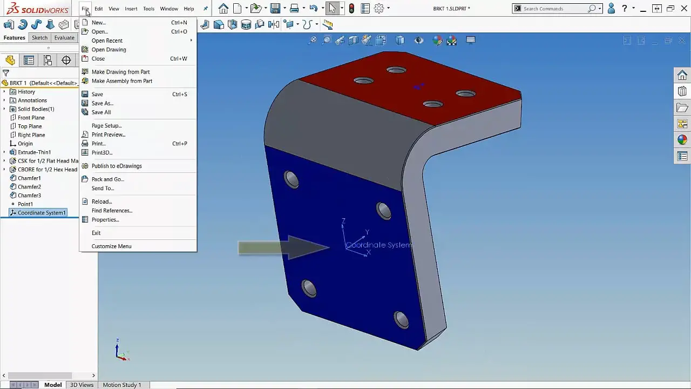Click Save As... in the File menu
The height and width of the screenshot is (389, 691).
(x=102, y=103)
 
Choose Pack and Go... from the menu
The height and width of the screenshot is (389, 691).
(x=107, y=179)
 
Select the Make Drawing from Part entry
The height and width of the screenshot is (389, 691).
(x=120, y=72)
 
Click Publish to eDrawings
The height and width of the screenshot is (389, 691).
(x=117, y=166)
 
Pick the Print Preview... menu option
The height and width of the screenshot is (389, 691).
(x=108, y=135)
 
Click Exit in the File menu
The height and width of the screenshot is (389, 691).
(x=96, y=233)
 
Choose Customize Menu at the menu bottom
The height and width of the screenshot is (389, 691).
(x=111, y=246)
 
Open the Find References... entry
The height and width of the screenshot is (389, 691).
(x=112, y=211)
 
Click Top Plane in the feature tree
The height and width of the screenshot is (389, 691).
(x=30, y=126)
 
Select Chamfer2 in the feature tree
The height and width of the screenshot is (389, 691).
(x=29, y=187)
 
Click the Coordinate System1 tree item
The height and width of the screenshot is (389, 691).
(x=42, y=213)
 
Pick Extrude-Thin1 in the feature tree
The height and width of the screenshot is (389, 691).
(x=34, y=152)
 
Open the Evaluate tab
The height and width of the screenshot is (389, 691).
(x=64, y=38)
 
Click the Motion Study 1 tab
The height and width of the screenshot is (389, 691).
(x=121, y=385)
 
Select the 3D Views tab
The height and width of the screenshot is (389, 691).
(x=82, y=385)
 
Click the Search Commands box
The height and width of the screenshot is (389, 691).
(x=553, y=9)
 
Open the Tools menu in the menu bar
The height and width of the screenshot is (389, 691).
(x=148, y=9)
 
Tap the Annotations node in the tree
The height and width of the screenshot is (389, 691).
(x=32, y=100)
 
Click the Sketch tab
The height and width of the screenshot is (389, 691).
(x=39, y=38)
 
